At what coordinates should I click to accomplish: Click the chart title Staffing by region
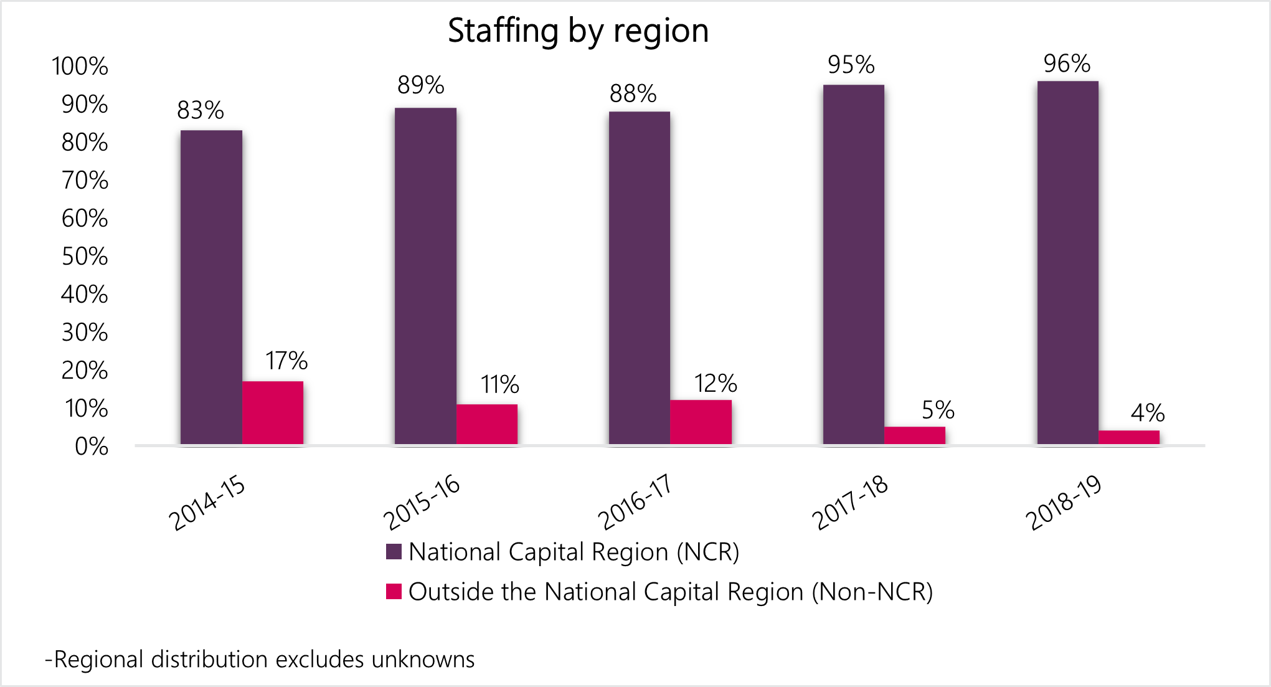(578, 31)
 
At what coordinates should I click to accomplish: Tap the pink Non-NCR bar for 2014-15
(273, 412)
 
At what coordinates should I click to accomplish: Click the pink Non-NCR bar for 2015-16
(487, 424)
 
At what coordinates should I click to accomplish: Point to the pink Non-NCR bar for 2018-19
(1129, 437)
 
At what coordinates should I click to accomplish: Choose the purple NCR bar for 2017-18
(854, 264)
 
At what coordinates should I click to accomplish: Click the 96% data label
(1067, 64)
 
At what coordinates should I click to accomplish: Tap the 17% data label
(286, 361)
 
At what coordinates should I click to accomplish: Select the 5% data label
(938, 410)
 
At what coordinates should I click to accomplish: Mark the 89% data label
(421, 85)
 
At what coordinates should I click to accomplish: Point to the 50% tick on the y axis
(85, 257)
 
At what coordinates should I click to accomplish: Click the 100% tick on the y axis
(80, 67)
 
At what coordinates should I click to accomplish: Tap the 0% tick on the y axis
(92, 447)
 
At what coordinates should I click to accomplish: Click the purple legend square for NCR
(394, 552)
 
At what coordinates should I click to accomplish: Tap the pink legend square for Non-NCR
(394, 591)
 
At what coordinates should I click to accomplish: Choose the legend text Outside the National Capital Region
(670, 592)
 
